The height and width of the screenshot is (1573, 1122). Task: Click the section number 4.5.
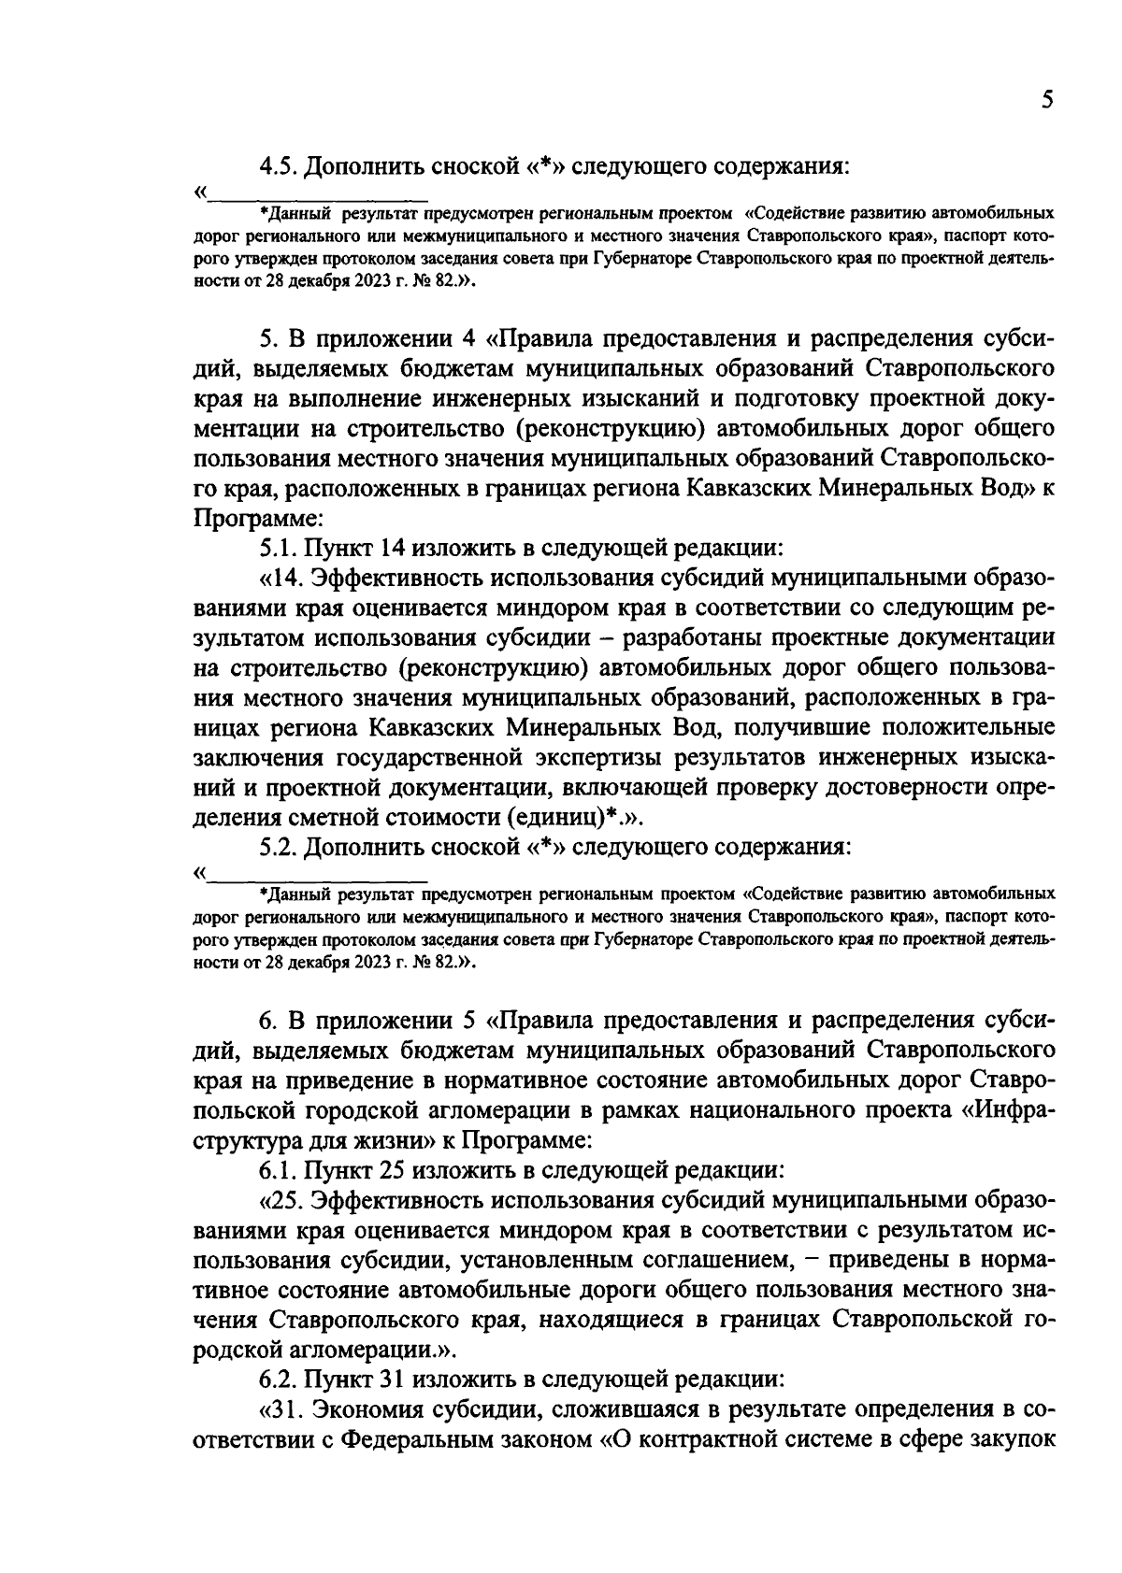(x=279, y=166)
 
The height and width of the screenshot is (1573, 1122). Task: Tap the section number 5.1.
(x=279, y=545)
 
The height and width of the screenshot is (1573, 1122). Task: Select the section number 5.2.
(x=279, y=847)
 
